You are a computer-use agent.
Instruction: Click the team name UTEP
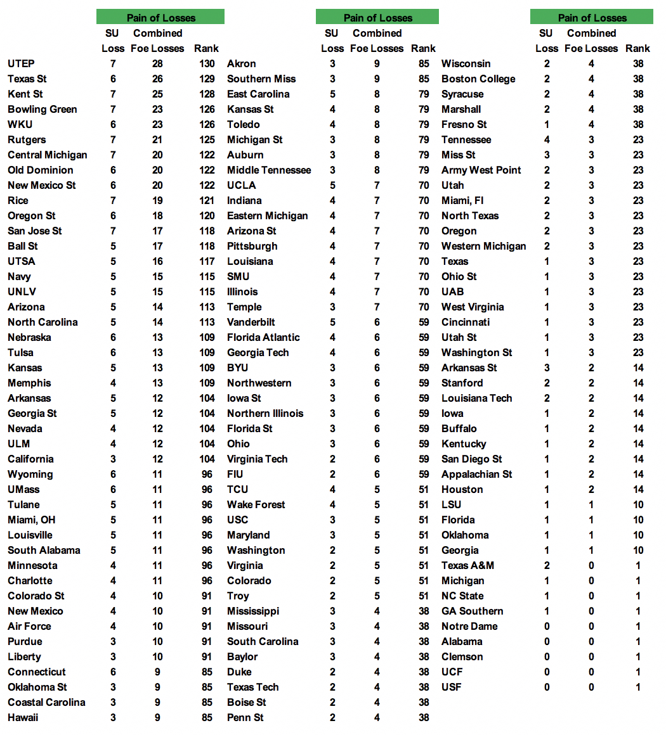21,63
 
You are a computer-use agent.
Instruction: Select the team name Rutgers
27,139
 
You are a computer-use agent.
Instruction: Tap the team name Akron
242,63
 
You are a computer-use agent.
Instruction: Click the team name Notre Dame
469,626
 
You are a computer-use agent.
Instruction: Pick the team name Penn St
245,717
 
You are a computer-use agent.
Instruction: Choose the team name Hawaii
23,717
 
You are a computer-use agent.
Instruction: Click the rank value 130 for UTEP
207,63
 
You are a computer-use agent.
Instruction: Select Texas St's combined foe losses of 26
157,79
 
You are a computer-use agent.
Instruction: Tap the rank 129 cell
207,79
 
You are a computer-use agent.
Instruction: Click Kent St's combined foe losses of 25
157,94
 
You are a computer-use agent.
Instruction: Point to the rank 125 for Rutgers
207,139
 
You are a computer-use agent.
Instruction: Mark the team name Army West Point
481,170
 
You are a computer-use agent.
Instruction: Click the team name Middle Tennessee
269,170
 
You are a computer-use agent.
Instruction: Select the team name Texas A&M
467,565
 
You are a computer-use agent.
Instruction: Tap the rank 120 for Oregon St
207,215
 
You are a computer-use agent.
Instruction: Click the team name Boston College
478,79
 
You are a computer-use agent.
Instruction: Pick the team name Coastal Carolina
46,702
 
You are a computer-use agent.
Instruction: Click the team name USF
452,687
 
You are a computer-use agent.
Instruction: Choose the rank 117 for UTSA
207,261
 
